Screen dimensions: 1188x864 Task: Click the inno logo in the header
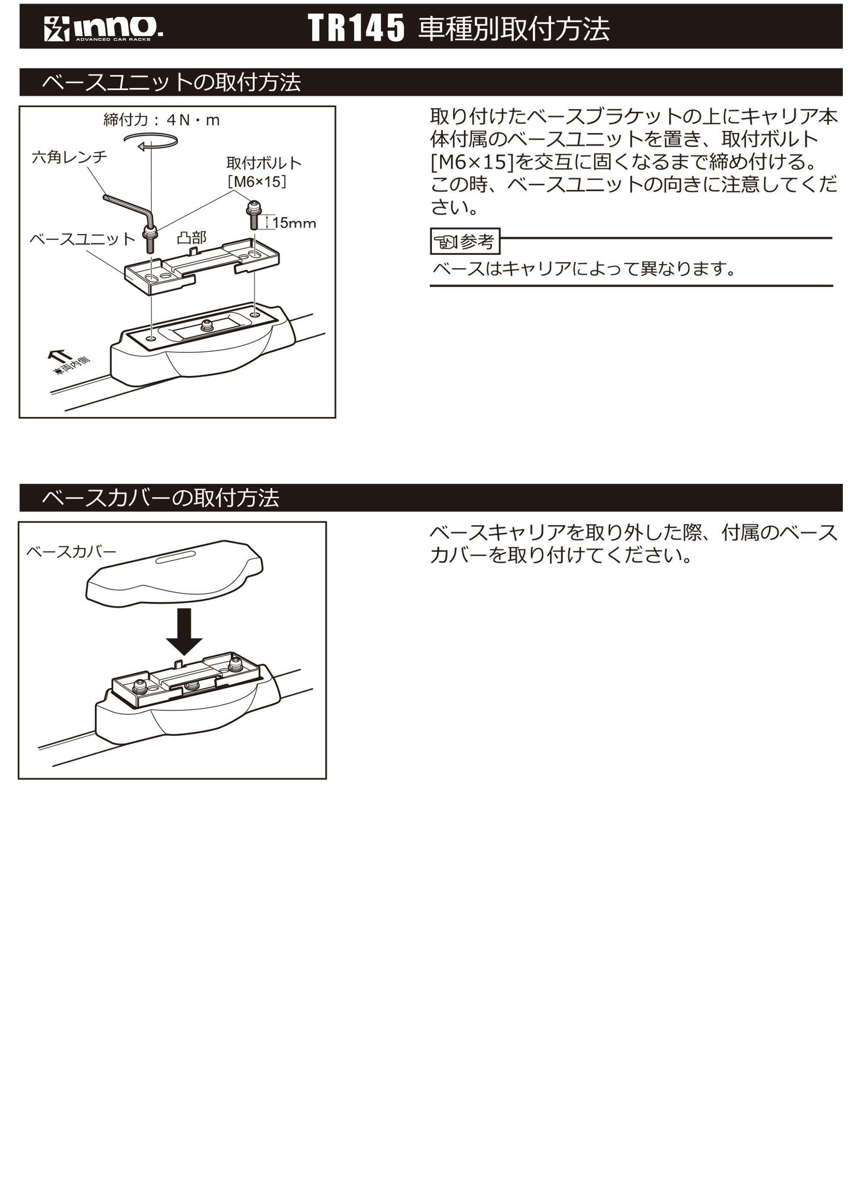[103, 28]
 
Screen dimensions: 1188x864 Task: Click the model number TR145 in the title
[356, 28]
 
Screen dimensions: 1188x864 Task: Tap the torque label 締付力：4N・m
[162, 120]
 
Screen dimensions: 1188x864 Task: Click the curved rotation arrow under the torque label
[151, 141]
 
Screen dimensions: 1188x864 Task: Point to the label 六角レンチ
[69, 157]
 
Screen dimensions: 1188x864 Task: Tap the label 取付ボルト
[264, 163]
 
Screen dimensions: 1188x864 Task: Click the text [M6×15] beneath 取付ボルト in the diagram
[257, 182]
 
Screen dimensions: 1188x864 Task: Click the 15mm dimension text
[294, 223]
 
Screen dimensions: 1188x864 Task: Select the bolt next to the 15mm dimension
[253, 215]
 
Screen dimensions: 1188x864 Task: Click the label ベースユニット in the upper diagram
[82, 239]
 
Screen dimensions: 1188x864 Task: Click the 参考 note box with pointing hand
[465, 241]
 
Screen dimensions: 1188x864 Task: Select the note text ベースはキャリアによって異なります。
[583, 269]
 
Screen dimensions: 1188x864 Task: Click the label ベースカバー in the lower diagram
[71, 552]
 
